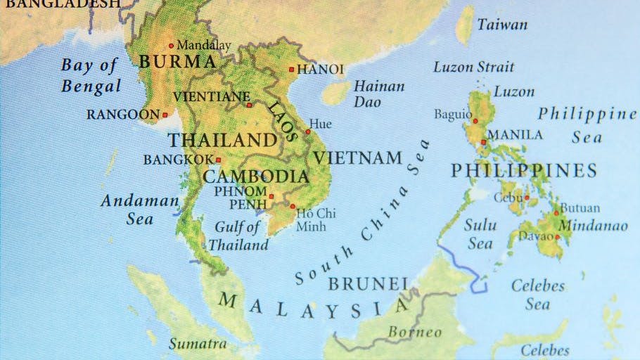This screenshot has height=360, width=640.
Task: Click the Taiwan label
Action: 502,25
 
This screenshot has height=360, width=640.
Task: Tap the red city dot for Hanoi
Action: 291,70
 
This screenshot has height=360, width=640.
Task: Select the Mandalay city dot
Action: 171,46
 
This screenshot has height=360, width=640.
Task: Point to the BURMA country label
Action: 176,62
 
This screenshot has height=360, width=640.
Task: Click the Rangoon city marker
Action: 165,115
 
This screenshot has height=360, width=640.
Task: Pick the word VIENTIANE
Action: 211,96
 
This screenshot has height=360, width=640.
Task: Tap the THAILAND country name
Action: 222,140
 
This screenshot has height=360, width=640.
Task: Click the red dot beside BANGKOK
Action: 218,160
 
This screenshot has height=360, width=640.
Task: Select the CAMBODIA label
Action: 256,176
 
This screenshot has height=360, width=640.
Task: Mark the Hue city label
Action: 321,124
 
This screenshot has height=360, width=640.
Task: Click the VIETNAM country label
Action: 357,158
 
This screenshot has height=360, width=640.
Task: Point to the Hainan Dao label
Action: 378,94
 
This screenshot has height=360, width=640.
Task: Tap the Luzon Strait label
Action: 473,67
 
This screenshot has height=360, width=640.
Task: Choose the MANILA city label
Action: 515,134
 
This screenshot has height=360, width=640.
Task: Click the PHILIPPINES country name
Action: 523,170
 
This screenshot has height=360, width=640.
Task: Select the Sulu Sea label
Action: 480,235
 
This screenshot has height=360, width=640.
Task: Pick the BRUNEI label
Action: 368,284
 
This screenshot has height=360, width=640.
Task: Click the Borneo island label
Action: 415,332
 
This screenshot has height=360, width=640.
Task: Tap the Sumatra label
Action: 198,344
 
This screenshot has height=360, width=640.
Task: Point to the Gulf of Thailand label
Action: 238,236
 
